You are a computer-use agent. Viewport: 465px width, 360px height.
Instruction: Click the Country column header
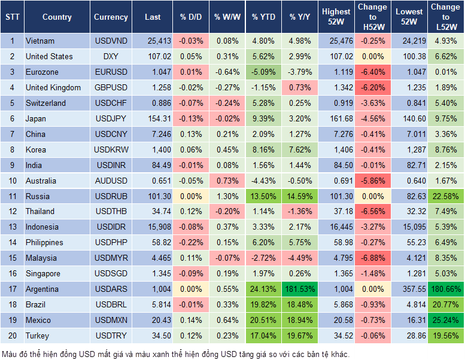(x=57, y=17)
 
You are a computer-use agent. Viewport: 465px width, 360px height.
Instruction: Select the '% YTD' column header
(x=263, y=17)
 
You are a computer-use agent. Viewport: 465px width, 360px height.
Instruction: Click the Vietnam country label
(x=40, y=41)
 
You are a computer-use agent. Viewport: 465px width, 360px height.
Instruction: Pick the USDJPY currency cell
(x=111, y=119)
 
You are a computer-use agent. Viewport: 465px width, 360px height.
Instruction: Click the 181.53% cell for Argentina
(x=301, y=289)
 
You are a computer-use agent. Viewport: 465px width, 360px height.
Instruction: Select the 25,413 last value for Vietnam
(x=153, y=41)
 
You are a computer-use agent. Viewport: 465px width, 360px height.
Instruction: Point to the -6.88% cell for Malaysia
(x=372, y=258)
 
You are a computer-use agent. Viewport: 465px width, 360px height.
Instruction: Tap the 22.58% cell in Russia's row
(x=445, y=196)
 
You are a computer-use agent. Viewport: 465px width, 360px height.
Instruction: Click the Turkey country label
(x=38, y=336)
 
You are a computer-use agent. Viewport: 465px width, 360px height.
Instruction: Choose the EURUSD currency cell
(x=111, y=72)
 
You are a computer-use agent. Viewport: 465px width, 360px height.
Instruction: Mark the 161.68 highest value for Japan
(x=336, y=119)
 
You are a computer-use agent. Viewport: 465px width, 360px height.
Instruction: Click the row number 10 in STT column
(x=12, y=181)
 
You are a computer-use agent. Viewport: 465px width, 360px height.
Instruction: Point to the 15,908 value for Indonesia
(x=153, y=227)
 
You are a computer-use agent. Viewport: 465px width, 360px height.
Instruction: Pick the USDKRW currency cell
(x=111, y=150)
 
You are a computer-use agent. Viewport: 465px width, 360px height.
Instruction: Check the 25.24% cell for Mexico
(x=445, y=321)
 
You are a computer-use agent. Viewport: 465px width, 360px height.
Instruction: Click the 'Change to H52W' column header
(x=372, y=17)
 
